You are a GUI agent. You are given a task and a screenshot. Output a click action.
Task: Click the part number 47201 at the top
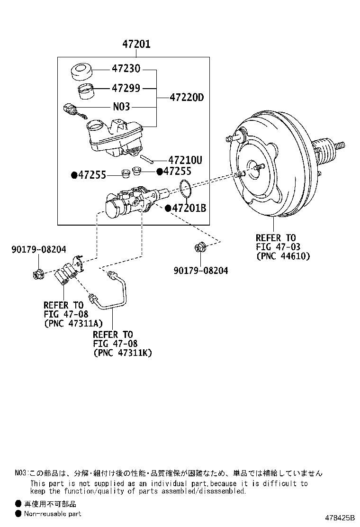pos(136,45)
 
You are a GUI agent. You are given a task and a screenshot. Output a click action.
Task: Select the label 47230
pos(126,69)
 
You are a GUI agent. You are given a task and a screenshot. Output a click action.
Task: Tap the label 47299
pos(126,88)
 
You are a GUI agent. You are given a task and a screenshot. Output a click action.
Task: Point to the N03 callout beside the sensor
pos(121,107)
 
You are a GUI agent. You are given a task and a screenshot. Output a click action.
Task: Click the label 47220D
pos(186,98)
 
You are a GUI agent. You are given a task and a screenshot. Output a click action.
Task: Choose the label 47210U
pos(185,160)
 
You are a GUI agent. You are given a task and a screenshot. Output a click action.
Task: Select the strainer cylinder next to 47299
pos(85,91)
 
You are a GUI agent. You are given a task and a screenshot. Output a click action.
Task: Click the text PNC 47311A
pos(70,324)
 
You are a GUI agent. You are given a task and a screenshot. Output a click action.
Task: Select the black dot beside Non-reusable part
pos(18,513)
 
